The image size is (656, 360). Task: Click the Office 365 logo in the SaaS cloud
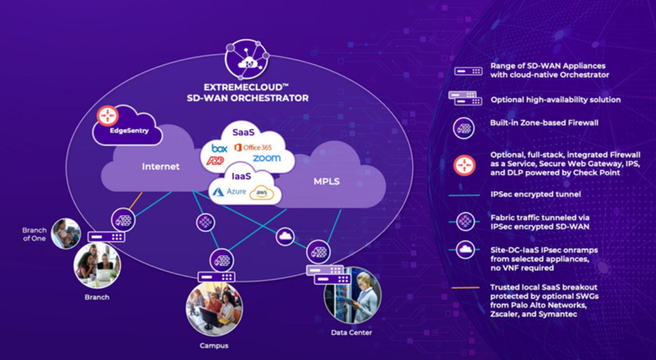[253, 147]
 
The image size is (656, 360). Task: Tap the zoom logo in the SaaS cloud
[267, 159]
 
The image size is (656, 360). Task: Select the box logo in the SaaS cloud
[219, 148]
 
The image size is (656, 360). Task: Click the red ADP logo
[215, 161]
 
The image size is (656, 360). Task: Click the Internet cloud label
[161, 166]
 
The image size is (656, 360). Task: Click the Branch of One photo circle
[65, 233]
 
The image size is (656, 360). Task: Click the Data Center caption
[351, 333]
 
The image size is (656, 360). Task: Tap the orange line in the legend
[464, 287]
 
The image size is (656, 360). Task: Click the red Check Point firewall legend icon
[464, 164]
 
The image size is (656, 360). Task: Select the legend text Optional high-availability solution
[556, 100]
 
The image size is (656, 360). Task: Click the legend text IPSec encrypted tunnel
[536, 194]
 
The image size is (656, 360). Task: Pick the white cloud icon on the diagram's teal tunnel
[285, 237]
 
